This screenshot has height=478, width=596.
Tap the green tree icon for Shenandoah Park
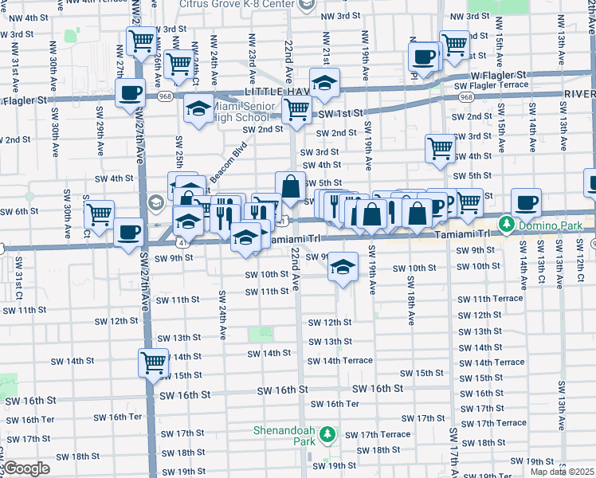327,435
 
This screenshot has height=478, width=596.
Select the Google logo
26,468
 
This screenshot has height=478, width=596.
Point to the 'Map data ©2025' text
563,471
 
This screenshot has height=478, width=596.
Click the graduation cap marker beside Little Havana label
324,84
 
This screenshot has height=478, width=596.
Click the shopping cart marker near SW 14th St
153,362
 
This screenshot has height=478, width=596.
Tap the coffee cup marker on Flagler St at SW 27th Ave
129,92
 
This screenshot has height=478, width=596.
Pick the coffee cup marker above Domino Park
526,202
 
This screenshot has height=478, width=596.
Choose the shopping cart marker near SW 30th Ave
99,214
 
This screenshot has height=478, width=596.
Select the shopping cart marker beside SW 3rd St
440,147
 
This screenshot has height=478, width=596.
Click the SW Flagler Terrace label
491,84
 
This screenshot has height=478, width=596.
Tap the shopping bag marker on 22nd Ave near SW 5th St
291,186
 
